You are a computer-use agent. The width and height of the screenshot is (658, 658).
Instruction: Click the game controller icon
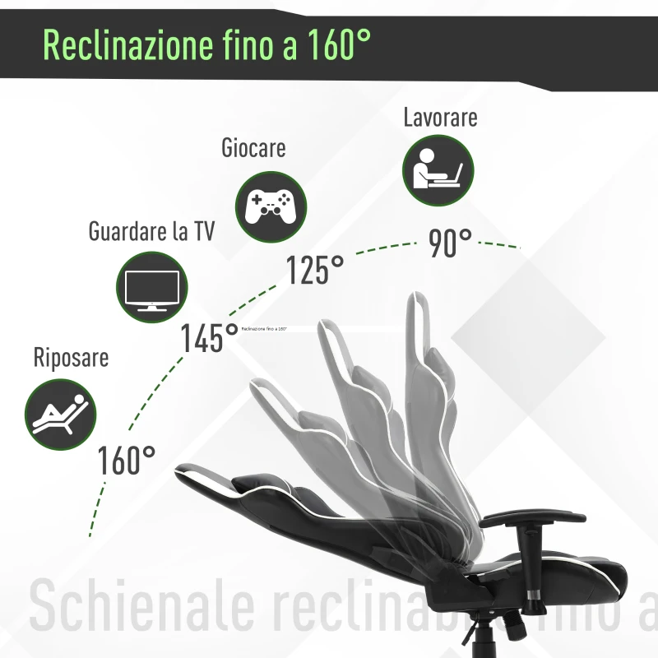pyautogui.click(x=271, y=205)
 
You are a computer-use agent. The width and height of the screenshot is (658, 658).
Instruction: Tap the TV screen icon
pyautogui.click(x=151, y=287)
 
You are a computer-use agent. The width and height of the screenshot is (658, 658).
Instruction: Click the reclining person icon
pyautogui.click(x=61, y=414)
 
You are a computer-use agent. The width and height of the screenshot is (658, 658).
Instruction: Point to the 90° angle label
pyautogui.click(x=451, y=243)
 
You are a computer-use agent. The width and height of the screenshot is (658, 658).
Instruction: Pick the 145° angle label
pyautogui.click(x=210, y=337)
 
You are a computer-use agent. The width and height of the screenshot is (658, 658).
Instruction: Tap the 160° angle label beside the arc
pyautogui.click(x=127, y=461)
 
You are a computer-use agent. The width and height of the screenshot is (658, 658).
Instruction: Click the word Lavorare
pyautogui.click(x=440, y=118)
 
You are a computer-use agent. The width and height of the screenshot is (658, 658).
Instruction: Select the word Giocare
pyautogui.click(x=253, y=148)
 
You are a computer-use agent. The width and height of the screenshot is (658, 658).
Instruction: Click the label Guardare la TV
pyautogui.click(x=151, y=231)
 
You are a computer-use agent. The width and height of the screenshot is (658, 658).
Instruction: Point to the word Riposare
pyautogui.click(x=71, y=359)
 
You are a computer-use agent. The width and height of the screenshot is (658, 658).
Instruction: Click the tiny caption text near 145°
pyautogui.click(x=264, y=328)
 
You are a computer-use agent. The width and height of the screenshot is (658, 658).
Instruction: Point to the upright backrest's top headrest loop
pyautogui.click(x=418, y=317)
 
